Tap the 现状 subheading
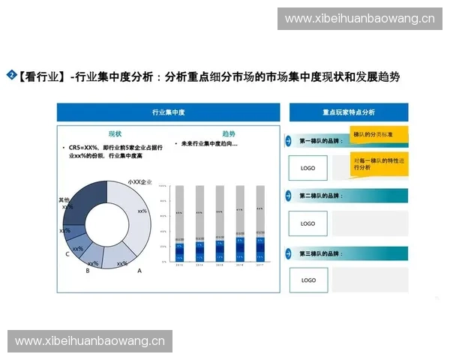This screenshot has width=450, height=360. [x=115, y=133]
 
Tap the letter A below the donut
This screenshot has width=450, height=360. [x=139, y=271]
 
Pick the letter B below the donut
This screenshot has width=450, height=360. [x=87, y=271]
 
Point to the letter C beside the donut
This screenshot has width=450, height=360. [x=67, y=254]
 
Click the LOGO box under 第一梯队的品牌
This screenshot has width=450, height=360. [x=307, y=168]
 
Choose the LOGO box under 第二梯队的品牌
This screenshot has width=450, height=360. [x=307, y=223]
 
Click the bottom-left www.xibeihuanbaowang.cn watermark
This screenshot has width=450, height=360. [x=90, y=341]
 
